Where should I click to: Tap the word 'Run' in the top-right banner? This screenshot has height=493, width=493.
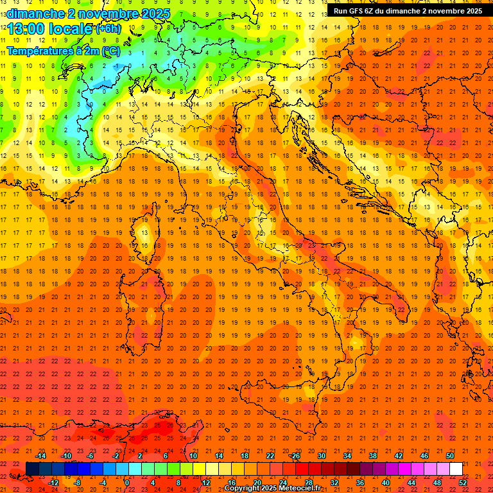coord(341,11)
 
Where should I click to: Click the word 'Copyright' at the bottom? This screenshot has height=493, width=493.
coord(242,489)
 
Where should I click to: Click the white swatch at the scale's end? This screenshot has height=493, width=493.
coord(456,469)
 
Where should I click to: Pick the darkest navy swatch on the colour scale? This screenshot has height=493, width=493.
coord(32,469)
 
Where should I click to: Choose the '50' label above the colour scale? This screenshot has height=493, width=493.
coord(450,456)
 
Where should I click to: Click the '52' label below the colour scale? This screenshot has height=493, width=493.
coord(463,482)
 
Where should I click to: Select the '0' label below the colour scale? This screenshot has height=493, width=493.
coord(128,482)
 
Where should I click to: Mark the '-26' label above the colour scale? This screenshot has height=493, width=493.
coord(295,456)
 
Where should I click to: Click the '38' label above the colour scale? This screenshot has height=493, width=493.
coord(373,456)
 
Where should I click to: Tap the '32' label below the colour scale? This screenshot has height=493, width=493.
coord(334,482)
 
